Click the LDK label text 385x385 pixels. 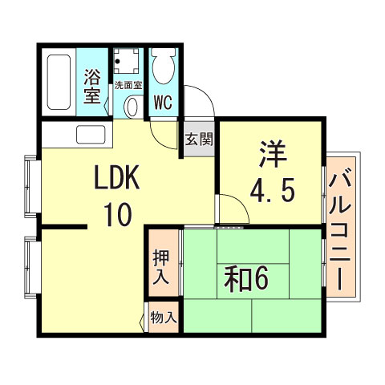tap(119, 178)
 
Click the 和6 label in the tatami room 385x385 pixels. tap(245, 279)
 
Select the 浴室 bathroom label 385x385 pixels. tap(93, 87)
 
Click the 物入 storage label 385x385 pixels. tap(164, 317)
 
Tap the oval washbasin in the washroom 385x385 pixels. tap(132, 106)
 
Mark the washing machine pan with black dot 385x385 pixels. tap(126, 61)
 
